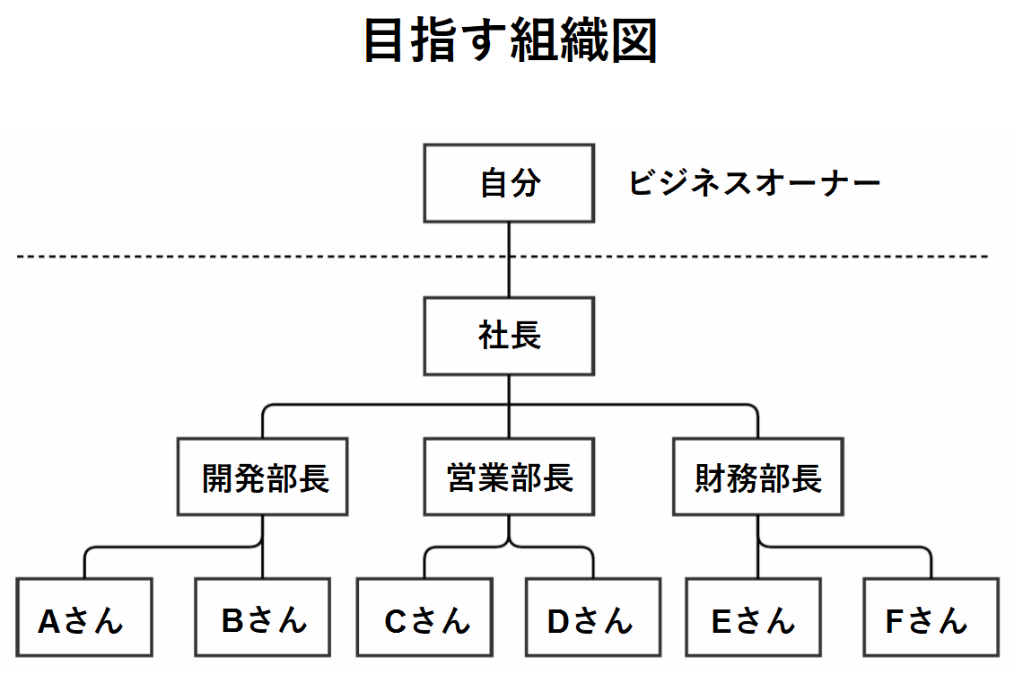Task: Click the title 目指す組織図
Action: (511, 40)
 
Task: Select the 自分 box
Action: (509, 183)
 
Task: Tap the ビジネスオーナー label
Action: (754, 184)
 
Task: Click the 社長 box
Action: (509, 337)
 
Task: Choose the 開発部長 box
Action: (262, 478)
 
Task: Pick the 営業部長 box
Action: (509, 478)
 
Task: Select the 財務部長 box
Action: (757, 478)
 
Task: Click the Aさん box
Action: (84, 620)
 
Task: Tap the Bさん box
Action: (262, 620)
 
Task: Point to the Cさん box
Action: (424, 620)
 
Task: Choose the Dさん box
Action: (593, 620)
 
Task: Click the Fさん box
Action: (931, 620)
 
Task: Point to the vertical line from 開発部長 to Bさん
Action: (262, 561)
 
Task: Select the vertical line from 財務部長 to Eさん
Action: (758, 561)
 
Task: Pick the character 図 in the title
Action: (634, 40)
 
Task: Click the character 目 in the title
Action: (384, 40)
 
